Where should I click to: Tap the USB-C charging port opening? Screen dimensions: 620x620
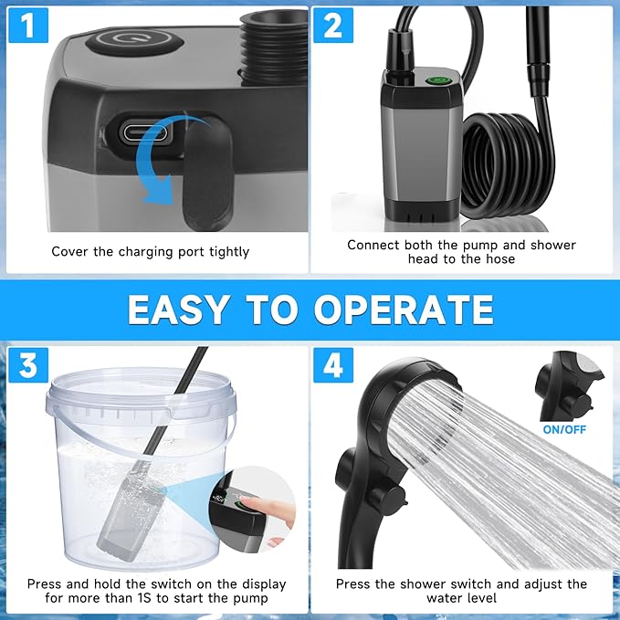click(x=145, y=131)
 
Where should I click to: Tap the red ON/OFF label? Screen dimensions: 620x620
click(x=564, y=428)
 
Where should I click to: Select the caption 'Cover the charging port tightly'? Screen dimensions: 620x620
click(x=150, y=251)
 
